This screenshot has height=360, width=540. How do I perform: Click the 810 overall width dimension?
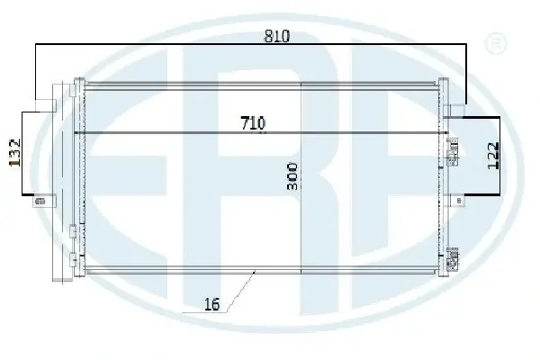(x=277, y=36)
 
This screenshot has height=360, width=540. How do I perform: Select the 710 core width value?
(x=253, y=123)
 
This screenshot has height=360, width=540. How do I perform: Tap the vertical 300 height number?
(x=292, y=176)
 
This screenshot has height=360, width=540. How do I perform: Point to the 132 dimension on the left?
(x=14, y=153)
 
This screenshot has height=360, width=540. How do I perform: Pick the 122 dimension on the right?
(x=493, y=156)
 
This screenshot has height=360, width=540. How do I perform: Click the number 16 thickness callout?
(x=211, y=304)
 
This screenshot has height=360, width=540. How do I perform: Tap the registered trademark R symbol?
(x=496, y=44)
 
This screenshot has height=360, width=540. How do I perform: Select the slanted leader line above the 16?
(x=240, y=292)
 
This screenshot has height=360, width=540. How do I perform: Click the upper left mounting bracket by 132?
(x=46, y=105)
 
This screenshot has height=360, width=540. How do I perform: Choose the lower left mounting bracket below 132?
(x=44, y=201)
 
